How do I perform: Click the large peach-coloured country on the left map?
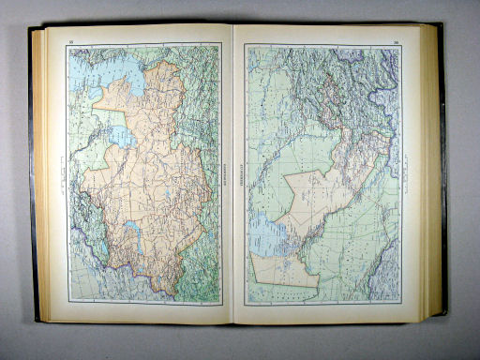(x=150, y=178)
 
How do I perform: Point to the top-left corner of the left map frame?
(x=68, y=47)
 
